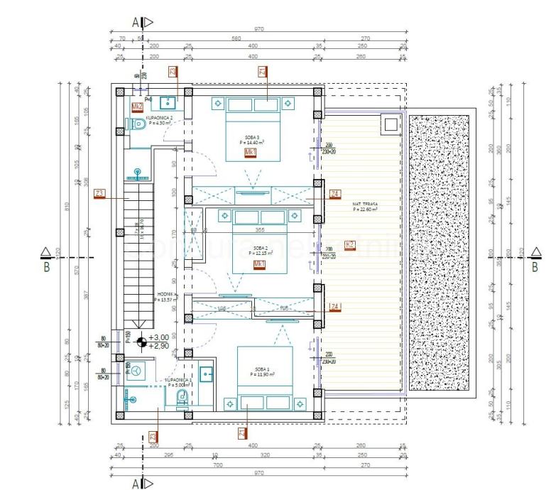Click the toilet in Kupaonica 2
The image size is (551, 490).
(x=138, y=124)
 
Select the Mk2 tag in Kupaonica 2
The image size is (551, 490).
(x=138, y=107)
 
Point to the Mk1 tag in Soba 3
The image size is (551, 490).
(x=250, y=153)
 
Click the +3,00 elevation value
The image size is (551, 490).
(x=159, y=337)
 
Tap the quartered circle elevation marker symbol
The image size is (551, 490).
(x=141, y=341)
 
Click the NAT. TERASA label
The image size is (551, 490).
(x=365, y=206)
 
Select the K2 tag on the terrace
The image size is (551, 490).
(x=349, y=245)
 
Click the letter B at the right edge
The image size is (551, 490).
(x=535, y=268)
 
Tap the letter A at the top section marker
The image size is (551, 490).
(x=135, y=22)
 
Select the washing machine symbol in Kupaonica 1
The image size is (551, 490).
(x=136, y=370)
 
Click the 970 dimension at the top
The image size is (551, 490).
(x=258, y=29)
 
